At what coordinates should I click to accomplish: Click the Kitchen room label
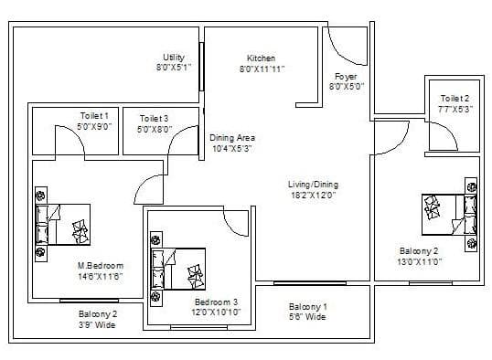[262, 58]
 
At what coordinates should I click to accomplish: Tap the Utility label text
[174, 57]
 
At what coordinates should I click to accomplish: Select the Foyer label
[347, 77]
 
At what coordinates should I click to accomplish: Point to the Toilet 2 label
[455, 98]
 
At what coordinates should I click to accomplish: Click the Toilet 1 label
[94, 116]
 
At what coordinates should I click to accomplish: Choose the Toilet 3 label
[154, 118]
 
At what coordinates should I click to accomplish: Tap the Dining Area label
[231, 138]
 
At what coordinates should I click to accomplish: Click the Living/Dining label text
[314, 184]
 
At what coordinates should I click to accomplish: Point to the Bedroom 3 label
[216, 302]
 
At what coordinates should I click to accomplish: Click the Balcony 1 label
[307, 306]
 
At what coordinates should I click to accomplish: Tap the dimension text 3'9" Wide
[97, 323]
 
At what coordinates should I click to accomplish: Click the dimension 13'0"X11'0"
[421, 261]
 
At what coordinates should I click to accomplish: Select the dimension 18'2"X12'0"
[314, 195]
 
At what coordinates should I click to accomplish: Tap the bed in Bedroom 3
[178, 269]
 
